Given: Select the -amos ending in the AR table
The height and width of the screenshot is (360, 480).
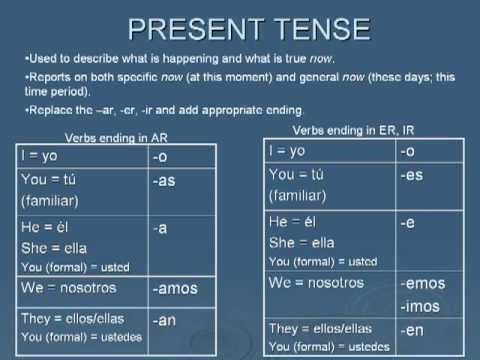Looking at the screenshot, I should pos(176,289).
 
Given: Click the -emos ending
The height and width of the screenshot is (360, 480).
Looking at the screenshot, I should pos(422,283).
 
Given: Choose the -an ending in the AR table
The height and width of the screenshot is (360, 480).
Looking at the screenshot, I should pos(165,322).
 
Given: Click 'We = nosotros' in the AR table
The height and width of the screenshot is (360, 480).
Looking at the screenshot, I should pos(68,288).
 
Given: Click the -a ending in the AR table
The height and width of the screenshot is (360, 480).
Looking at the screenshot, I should pos(160,228).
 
